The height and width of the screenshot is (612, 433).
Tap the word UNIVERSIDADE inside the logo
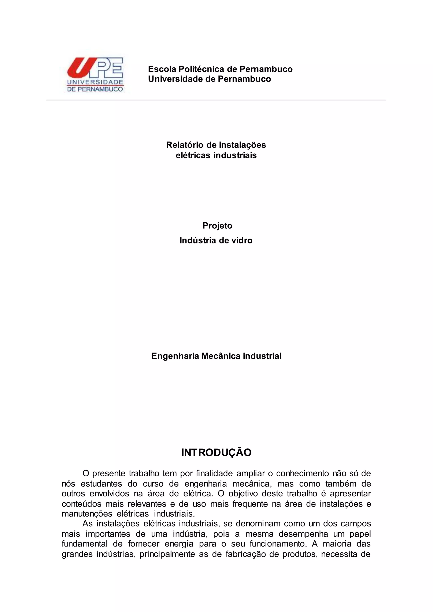[x=95, y=82]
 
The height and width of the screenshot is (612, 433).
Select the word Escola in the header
[x=162, y=69]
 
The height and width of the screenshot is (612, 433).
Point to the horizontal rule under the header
[x=216, y=100]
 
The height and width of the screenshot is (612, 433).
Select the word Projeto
[x=217, y=225]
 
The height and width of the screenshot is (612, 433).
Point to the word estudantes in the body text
[x=101, y=484]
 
